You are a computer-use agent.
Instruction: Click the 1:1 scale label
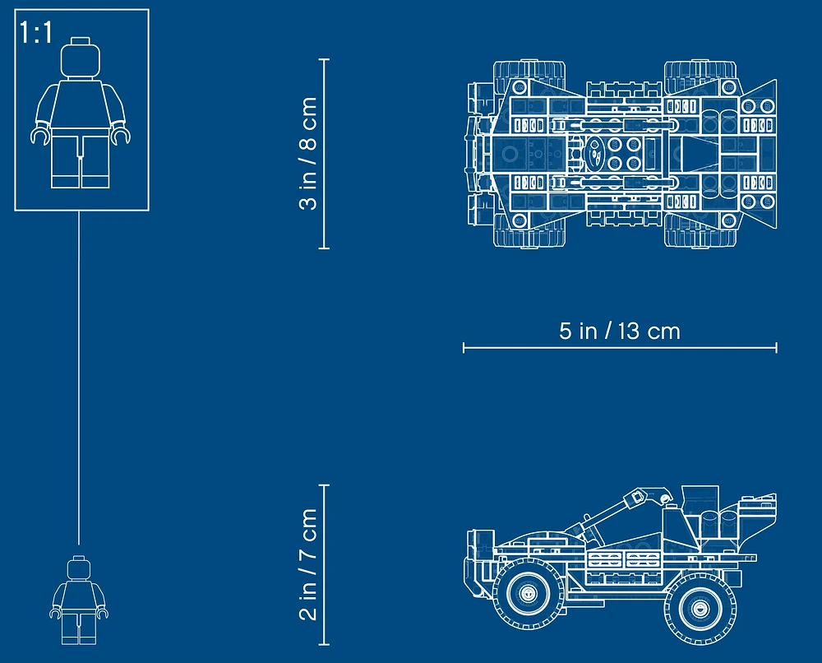click(x=36, y=33)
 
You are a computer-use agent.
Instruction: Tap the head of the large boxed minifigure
click(x=81, y=58)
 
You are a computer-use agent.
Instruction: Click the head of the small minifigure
click(x=79, y=568)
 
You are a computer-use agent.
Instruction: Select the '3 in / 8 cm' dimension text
click(x=308, y=153)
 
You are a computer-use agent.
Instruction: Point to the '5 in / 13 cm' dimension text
click(x=620, y=331)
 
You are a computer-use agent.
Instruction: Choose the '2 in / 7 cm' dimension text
click(x=308, y=564)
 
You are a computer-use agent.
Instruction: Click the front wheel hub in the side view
click(x=528, y=593)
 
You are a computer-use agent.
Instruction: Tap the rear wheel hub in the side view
click(x=700, y=609)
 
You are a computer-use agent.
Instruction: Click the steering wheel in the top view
click(x=595, y=153)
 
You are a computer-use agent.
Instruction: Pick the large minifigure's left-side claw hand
click(x=39, y=136)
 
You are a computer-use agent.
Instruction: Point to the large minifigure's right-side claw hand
click(x=120, y=136)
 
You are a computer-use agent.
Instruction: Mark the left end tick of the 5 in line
click(x=464, y=347)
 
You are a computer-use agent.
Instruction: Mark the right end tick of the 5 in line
click(x=777, y=347)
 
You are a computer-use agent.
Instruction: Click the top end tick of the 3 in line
click(x=324, y=60)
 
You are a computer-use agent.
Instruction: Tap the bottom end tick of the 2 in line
click(x=324, y=644)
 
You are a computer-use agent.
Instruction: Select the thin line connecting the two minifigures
click(x=79, y=378)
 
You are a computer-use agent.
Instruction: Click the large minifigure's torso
click(x=81, y=105)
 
